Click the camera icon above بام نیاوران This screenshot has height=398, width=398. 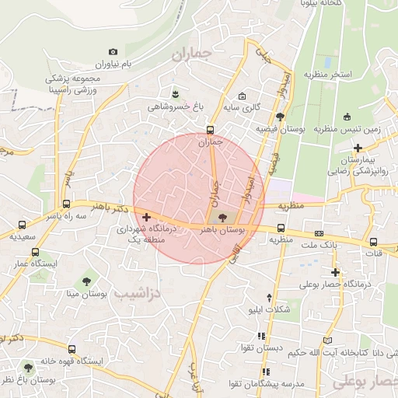113,51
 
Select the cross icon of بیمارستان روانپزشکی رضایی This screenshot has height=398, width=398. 357,147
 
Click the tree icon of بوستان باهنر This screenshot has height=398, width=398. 222,218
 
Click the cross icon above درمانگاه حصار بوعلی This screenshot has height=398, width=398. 336,272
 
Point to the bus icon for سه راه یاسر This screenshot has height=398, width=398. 65,204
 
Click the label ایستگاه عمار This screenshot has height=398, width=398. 30,265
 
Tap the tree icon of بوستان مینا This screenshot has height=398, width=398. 86,281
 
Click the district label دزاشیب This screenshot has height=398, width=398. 136,294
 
